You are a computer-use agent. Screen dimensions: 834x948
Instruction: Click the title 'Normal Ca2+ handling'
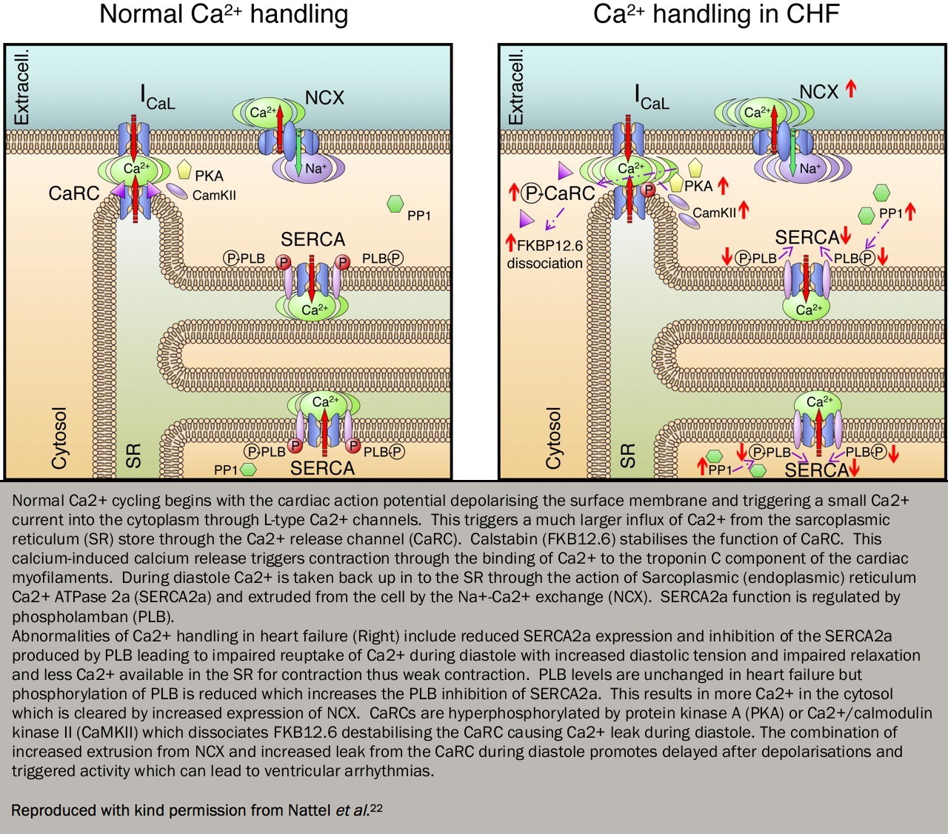pos(224,15)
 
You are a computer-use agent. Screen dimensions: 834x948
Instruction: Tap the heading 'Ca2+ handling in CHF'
pos(716,15)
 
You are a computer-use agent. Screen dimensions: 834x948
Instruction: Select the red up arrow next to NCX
pos(851,90)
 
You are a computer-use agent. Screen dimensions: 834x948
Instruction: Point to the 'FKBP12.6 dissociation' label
pos(544,253)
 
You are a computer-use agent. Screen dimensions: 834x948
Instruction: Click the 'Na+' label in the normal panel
pos(316,169)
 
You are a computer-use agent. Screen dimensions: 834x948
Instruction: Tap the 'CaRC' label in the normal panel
pos(73,193)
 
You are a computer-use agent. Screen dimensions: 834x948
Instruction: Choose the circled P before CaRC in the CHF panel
pos(531,194)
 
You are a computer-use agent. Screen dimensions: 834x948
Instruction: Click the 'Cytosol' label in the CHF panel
pos(553,438)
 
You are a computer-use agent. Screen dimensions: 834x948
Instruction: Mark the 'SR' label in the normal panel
pos(133,455)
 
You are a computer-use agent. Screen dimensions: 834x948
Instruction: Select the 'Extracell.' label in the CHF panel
pos(515,86)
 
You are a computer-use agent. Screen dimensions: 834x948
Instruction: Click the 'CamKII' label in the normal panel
pos(214,196)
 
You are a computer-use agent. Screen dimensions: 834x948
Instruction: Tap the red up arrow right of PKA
pos(723,186)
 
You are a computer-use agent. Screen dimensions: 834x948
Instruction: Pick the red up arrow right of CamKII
pos(744,210)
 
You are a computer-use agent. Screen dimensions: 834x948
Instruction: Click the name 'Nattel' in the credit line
pos(309,810)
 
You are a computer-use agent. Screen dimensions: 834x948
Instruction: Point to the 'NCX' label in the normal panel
pos(324,97)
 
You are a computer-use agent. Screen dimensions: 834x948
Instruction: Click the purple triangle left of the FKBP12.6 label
pos(527,218)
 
